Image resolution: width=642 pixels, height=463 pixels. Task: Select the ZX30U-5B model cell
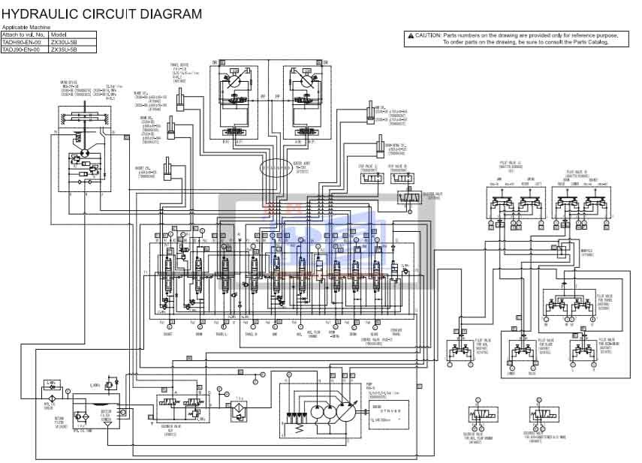[63, 43]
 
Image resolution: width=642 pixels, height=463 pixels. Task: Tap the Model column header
[59, 35]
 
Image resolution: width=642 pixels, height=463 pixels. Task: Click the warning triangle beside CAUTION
[411, 35]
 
